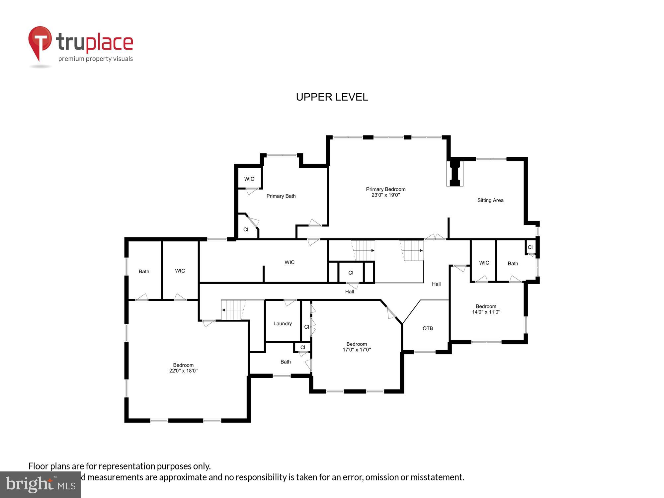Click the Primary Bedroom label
[385, 189]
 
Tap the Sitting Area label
[490, 200]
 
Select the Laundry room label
[283, 323]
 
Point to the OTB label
[428, 328]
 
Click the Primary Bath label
[281, 196]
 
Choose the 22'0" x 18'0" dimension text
[183, 371]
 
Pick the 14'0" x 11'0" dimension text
[486, 312]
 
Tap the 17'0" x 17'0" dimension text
[357, 350]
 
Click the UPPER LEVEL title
[332, 97]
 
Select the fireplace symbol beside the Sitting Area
[455, 174]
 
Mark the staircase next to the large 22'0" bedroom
[233, 310]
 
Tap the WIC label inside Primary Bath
[249, 179]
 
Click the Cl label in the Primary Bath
[246, 229]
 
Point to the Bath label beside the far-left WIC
[144, 271]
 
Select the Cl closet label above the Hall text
[351, 273]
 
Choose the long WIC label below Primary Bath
[289, 262]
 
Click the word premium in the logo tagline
[71, 59]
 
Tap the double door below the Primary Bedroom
[435, 237]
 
